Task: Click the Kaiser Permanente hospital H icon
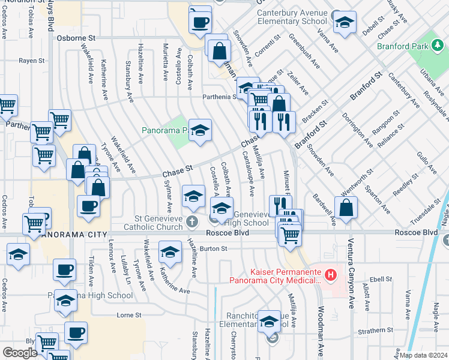click(330, 276)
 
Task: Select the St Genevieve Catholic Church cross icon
click(191, 221)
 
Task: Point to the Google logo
click(19, 353)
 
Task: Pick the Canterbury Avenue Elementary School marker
click(345, 22)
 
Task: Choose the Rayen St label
click(31, 61)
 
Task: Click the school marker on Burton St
click(170, 251)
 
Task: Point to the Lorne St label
click(128, 314)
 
